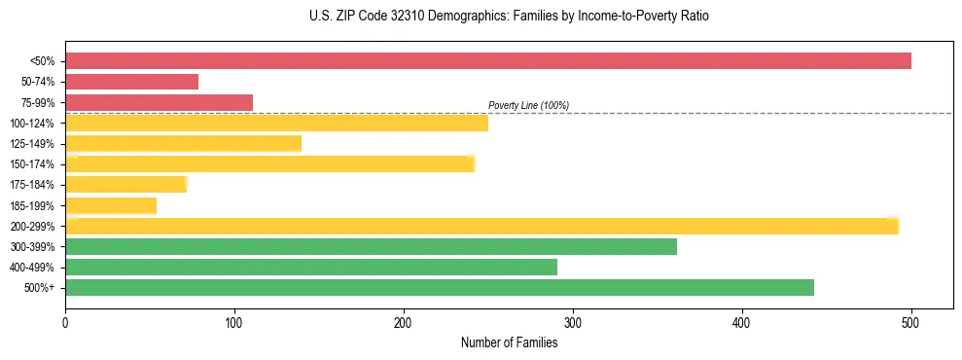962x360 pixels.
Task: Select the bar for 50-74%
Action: tap(131, 82)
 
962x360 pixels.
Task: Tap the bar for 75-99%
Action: tap(159, 102)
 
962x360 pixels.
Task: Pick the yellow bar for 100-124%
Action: tap(276, 123)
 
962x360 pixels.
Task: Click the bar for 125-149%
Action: tap(183, 144)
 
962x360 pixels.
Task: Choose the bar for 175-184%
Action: tap(125, 185)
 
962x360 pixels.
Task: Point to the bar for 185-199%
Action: tap(111, 205)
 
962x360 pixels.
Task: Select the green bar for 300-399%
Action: tap(371, 246)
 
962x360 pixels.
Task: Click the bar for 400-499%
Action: tap(311, 267)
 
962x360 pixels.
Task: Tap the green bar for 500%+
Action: tap(440, 287)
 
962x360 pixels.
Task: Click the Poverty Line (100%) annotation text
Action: tap(528, 105)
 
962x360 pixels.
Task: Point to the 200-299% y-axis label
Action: tap(32, 226)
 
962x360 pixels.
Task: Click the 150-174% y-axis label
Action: tap(32, 164)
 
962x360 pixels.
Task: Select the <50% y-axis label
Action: tap(42, 61)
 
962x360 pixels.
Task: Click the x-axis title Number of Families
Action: tap(509, 342)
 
